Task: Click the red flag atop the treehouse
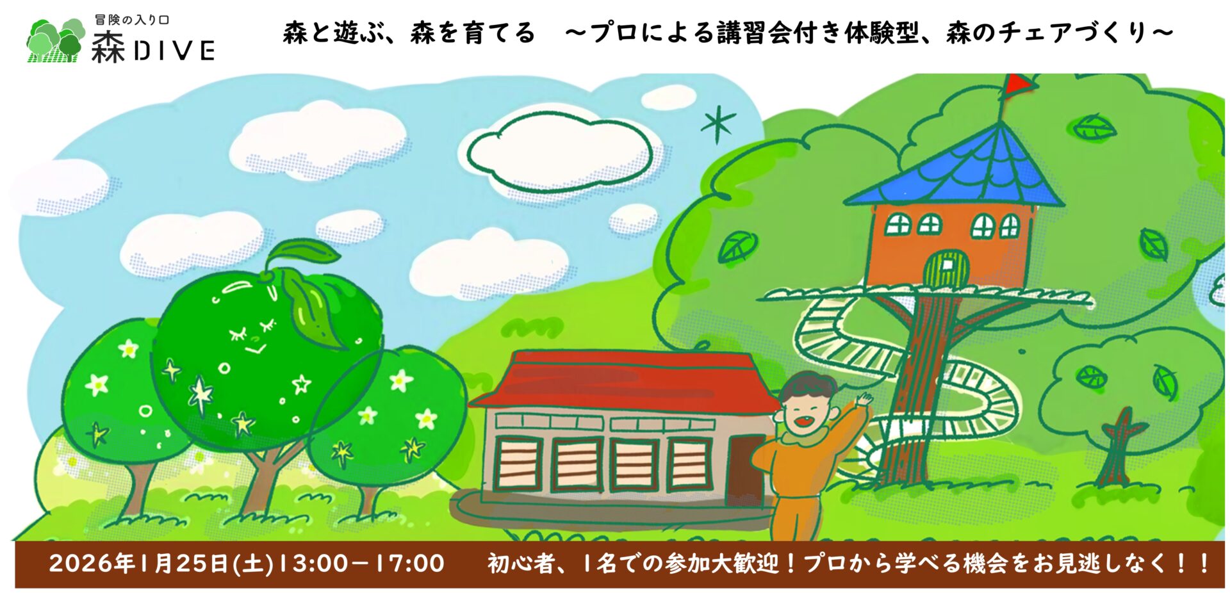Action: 1017,85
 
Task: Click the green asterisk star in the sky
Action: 717,124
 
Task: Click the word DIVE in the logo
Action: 174,51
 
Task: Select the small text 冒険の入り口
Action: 132,20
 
